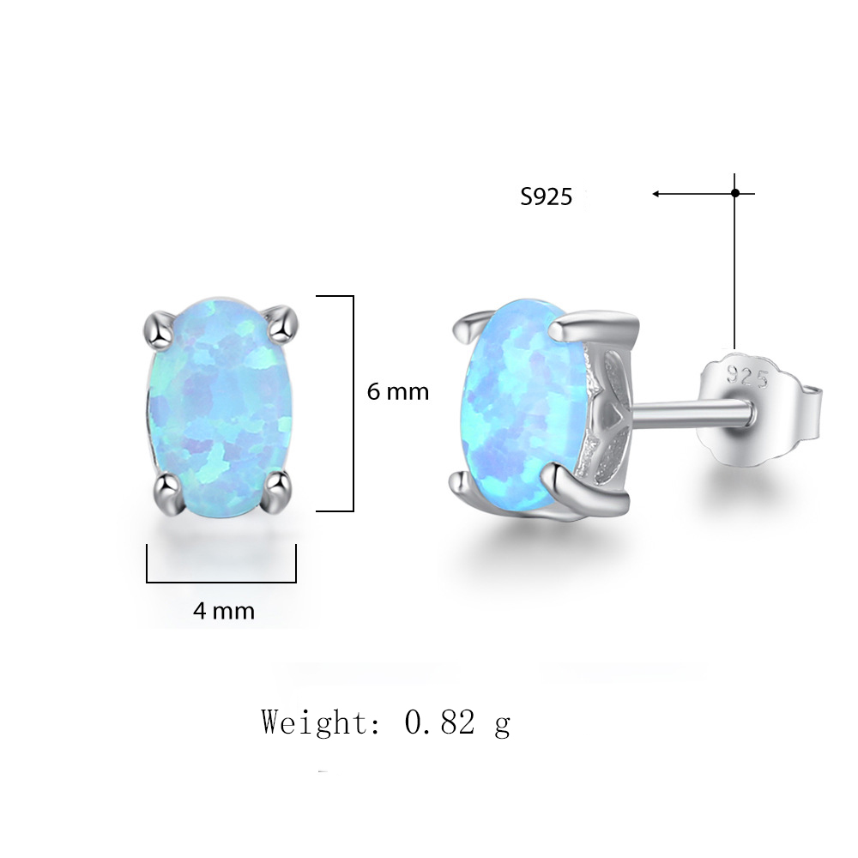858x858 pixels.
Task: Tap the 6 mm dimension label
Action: coord(398,392)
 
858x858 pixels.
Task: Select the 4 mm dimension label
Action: coord(224,611)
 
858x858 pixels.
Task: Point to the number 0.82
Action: coord(439,722)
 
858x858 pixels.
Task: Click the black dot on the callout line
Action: coord(735,192)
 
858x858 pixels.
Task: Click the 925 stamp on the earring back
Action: coord(747,377)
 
